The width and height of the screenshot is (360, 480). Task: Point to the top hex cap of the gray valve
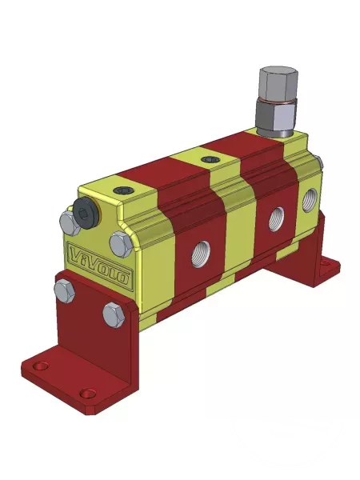277,82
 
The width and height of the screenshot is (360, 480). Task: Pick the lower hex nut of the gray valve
276,118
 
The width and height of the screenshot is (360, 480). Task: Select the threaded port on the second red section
277,215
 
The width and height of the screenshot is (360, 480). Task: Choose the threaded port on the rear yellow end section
310,198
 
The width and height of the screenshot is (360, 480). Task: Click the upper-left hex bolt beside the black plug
67,221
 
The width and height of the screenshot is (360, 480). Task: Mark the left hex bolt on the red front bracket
65,292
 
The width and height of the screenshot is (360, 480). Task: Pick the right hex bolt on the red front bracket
112,314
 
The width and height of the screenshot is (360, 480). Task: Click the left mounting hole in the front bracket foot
41,367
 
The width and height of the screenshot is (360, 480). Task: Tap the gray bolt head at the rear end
319,163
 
